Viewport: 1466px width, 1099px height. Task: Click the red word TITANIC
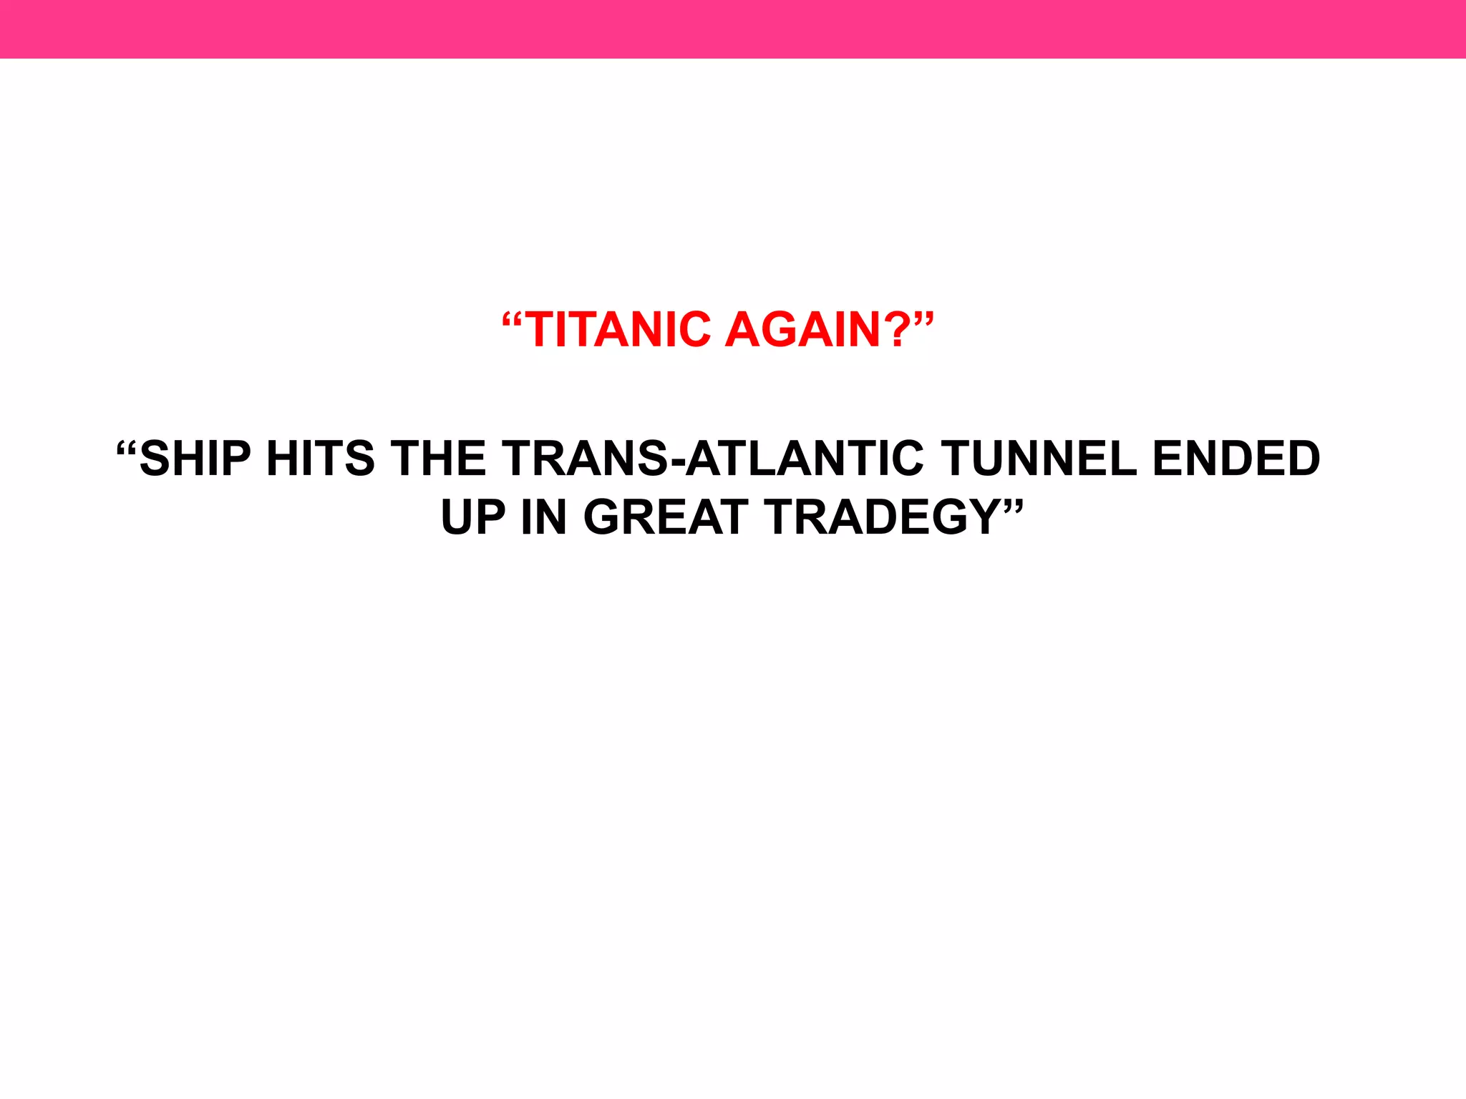coord(620,330)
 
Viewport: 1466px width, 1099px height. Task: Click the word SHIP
coord(195,459)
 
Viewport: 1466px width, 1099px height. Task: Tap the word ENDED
coord(1236,459)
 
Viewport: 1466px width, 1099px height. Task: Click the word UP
coord(473,517)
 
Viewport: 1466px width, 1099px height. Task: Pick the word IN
coord(543,517)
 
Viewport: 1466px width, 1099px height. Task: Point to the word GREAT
coord(666,517)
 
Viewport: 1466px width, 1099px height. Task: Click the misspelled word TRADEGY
coord(883,517)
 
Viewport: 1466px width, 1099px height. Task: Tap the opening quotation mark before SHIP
coord(126,450)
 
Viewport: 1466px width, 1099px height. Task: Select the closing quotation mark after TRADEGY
coord(1014,507)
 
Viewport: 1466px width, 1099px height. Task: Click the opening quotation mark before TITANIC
coord(513,319)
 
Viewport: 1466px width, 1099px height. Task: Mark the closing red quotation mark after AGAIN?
coord(923,319)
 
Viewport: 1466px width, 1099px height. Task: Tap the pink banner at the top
coord(733,29)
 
